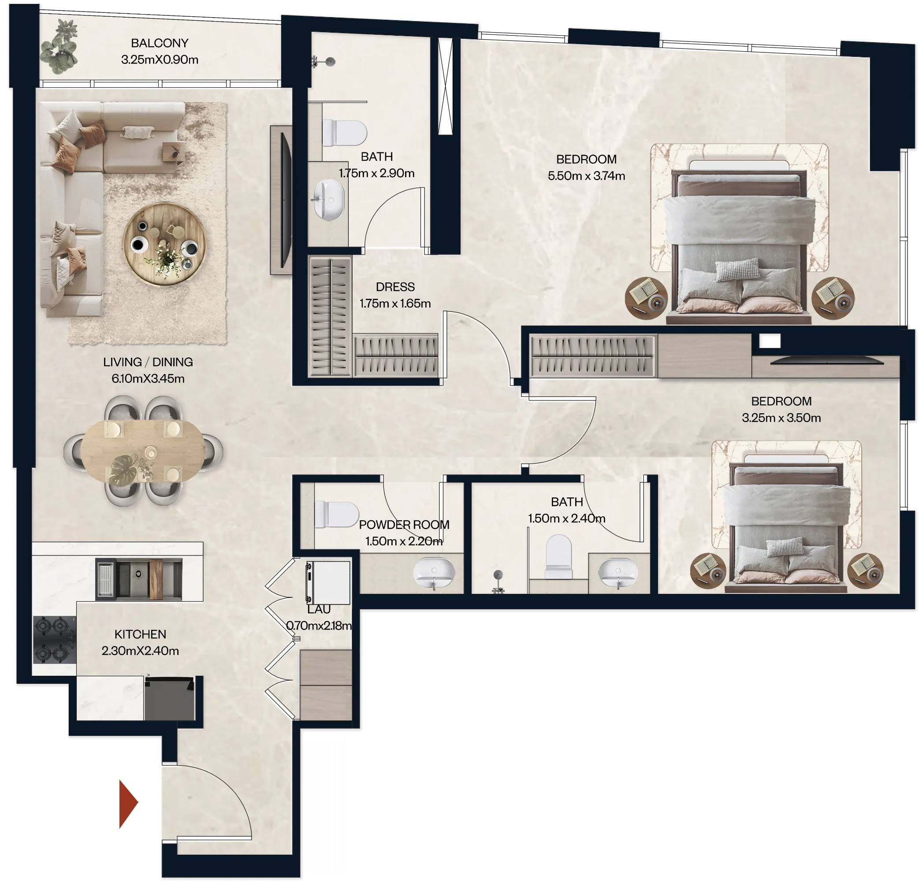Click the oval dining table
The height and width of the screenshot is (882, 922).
[142, 451]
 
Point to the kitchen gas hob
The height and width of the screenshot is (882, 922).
[54, 639]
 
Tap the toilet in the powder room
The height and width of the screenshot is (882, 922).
[336, 514]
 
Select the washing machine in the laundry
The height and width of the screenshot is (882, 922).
[328, 582]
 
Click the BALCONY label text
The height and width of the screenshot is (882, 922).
[160, 43]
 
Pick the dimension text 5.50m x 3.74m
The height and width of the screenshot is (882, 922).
[586, 176]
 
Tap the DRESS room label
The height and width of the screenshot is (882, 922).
[395, 287]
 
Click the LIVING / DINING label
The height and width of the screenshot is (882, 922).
[148, 362]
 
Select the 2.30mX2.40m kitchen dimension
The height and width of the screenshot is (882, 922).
[140, 651]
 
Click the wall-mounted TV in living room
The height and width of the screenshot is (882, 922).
[285, 200]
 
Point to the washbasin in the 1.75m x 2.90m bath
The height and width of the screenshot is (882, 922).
[328, 200]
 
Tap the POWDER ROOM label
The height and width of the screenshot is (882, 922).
[404, 525]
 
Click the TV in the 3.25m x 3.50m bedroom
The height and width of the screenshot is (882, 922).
[826, 361]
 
